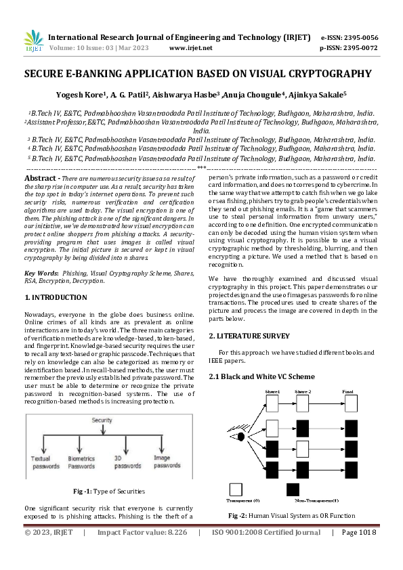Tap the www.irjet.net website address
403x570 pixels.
coord(190,48)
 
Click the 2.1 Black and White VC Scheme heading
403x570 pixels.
coord(261,376)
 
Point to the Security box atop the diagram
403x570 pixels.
coord(102,420)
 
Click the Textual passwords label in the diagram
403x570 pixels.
coord(45,462)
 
